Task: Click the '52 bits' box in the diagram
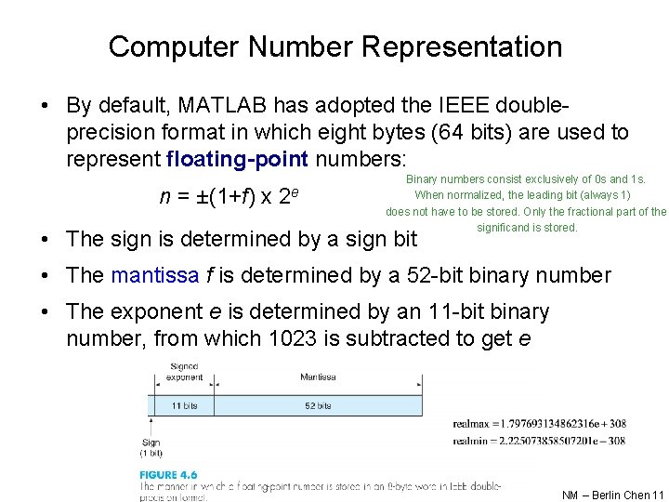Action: point(319,406)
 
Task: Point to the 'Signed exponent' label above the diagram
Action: point(184,373)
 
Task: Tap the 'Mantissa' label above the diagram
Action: point(319,377)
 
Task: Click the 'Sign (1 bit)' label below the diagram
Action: point(151,448)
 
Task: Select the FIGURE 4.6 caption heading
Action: point(168,475)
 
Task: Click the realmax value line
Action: point(539,424)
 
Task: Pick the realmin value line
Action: point(539,441)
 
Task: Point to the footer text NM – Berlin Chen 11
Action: point(613,495)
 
